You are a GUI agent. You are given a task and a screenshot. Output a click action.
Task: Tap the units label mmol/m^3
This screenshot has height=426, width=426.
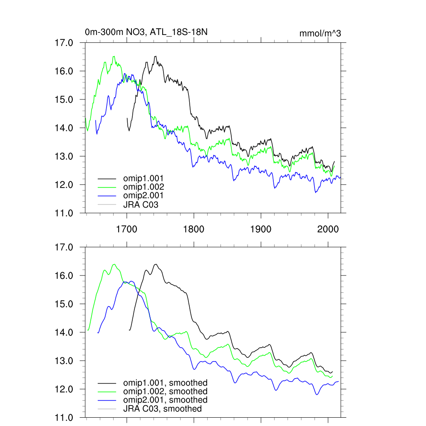click(x=320, y=34)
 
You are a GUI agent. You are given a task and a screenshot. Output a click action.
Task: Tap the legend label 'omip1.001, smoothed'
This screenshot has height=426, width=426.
click(x=165, y=383)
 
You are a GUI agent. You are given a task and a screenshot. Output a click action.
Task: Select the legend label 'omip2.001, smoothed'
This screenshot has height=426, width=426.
click(x=165, y=400)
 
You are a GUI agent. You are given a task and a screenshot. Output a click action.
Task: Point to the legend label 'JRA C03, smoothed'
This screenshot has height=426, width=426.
click(x=162, y=409)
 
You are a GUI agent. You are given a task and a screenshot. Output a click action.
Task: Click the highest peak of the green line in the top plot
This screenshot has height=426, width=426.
click(x=114, y=57)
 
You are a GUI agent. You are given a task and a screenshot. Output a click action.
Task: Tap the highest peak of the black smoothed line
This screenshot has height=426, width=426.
click(x=156, y=264)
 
